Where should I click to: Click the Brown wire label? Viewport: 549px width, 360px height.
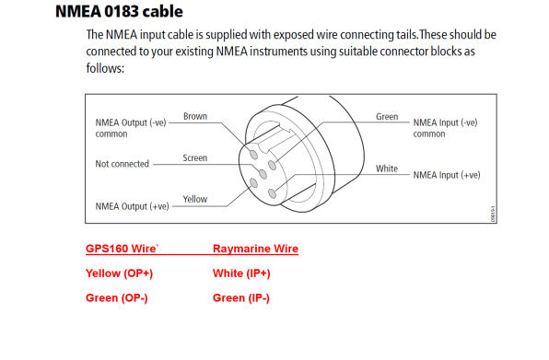(x=195, y=117)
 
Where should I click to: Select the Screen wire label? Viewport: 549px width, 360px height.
(x=194, y=158)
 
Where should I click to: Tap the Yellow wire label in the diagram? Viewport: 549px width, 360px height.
(x=194, y=199)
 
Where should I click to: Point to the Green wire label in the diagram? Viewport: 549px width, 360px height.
(x=387, y=117)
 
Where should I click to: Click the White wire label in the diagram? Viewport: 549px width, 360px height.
(x=387, y=169)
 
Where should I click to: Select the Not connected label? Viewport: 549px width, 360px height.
(x=122, y=164)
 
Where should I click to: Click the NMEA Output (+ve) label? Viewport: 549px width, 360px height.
(x=132, y=206)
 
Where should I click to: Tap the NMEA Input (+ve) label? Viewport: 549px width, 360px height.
(x=446, y=174)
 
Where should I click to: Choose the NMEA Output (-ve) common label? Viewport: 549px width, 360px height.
(x=132, y=127)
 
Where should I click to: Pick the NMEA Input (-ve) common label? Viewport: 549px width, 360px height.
(x=446, y=127)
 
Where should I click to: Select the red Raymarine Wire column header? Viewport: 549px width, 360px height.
(x=255, y=249)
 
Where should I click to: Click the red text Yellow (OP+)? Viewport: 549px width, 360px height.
(x=119, y=273)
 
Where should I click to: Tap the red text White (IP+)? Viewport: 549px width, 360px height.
(x=241, y=273)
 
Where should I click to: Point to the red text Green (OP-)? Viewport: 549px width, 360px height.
(x=118, y=297)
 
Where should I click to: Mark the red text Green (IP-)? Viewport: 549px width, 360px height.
(x=241, y=297)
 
